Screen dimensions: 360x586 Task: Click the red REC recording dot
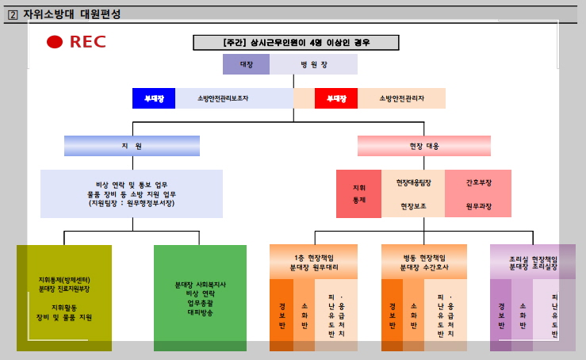[55, 42]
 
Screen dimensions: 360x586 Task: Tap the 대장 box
[247, 64]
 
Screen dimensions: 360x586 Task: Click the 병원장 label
[312, 64]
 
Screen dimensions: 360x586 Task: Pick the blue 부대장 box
[153, 98]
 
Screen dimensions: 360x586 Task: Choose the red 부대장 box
[336, 98]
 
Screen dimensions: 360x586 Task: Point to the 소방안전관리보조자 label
[223, 98]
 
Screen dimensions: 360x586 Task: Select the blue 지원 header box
[132, 146]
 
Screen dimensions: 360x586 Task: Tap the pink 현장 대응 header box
[423, 146]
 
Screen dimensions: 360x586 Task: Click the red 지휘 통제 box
[358, 193]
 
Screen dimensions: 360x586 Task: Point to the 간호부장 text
[478, 182]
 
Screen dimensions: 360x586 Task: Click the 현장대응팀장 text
[413, 182]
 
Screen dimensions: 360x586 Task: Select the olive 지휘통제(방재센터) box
[64, 297]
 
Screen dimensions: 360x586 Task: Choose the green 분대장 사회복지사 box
[200, 297]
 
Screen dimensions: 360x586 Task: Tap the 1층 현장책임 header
[313, 262]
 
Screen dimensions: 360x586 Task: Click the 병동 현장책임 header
[424, 262]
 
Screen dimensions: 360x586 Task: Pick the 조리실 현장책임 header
[533, 262]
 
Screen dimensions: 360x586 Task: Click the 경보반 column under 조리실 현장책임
[500, 315]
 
